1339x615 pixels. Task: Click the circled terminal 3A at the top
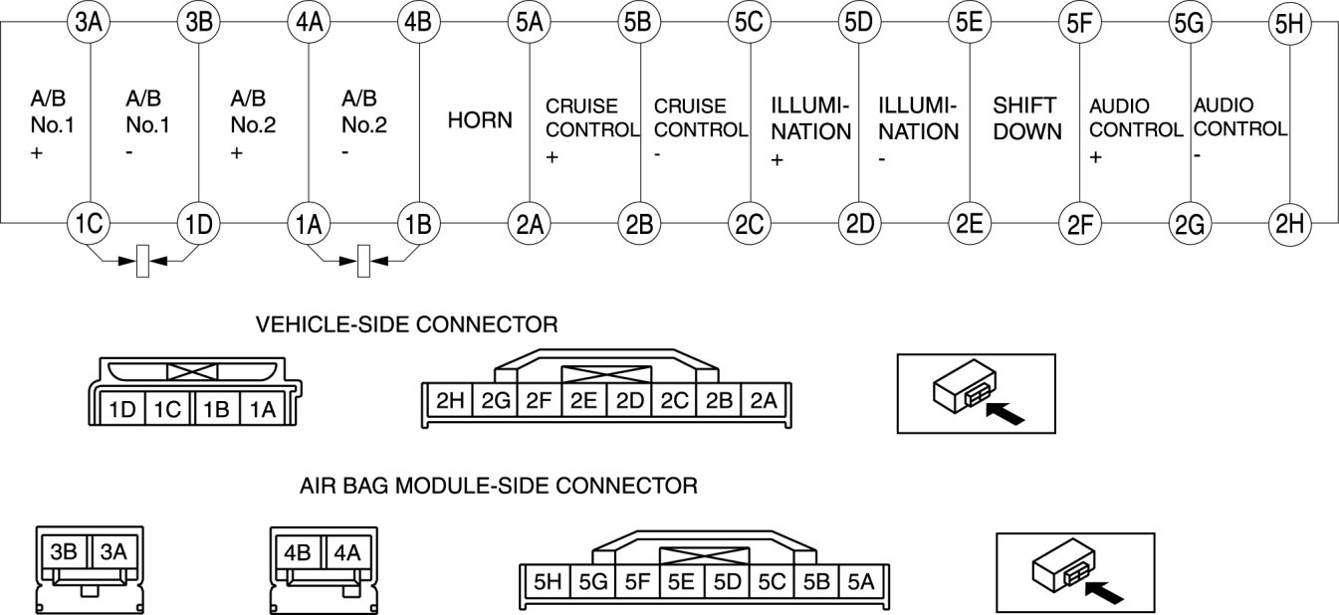[x=90, y=23]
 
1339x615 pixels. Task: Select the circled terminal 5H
[x=1290, y=23]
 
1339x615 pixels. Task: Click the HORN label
[x=480, y=121]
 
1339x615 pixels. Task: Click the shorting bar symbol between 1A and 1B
[x=363, y=262]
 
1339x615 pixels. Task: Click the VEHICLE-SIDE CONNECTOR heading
[x=407, y=324]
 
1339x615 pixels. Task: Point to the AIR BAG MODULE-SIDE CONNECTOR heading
[x=499, y=487]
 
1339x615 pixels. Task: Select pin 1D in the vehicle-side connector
[x=122, y=408]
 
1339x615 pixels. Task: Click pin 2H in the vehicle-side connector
[x=450, y=402]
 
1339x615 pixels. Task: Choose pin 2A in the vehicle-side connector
[x=764, y=402]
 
